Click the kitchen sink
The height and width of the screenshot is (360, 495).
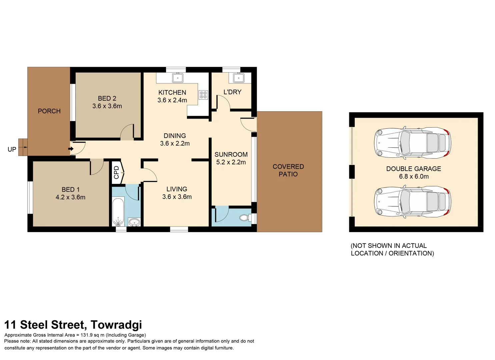pos(178,78)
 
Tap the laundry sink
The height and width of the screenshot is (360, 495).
pos(238,78)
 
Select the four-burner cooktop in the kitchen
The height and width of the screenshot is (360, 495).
pos(203,95)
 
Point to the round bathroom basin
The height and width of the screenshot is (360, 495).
pos(134,222)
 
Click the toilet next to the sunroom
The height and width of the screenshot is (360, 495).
pos(245,218)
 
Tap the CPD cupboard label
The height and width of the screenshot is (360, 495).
pos(116,173)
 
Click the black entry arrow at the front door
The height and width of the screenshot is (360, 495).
pos(71,149)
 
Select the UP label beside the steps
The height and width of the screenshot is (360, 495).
pos(12,150)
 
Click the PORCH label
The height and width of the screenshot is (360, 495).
pos(49,111)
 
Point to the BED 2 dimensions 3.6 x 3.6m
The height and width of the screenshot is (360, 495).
pos(107,106)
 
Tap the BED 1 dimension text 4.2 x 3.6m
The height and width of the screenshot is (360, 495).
pos(70,197)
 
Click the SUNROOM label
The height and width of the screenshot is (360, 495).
pos(231,154)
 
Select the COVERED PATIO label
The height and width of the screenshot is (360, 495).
pos(288,170)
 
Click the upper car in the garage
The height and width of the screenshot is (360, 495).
pos(412,143)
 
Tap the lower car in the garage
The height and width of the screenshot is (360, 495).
pos(412,202)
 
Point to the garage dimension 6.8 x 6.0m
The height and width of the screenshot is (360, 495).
pos(414,177)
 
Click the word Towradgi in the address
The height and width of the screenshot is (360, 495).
pos(116,325)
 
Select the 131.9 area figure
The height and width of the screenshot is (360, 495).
pos(86,335)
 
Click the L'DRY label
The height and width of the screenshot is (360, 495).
pos(232,92)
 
